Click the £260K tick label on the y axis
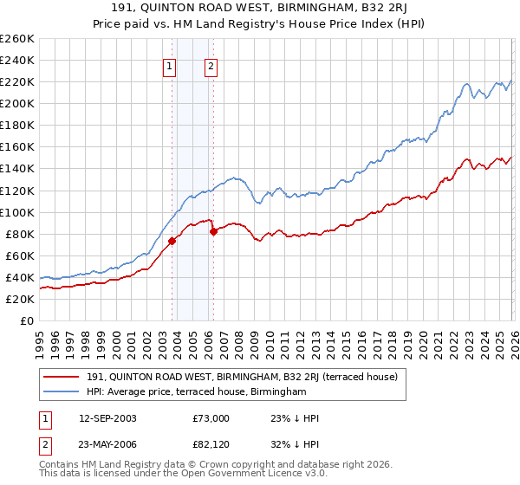16,39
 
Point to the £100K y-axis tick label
16,212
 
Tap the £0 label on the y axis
26,321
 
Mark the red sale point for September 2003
172,242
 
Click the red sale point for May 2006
213,231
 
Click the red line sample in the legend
62,377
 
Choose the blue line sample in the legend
62,392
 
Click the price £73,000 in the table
213,417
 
